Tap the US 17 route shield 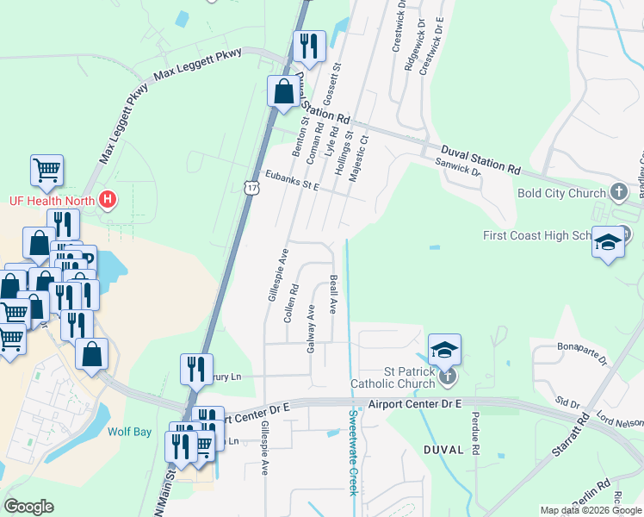(250, 187)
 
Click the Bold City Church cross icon (618, 192)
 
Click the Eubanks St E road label (291, 179)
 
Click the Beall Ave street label (333, 295)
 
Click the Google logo (28, 507)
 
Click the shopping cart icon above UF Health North (46, 170)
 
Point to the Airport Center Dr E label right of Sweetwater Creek (417, 403)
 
